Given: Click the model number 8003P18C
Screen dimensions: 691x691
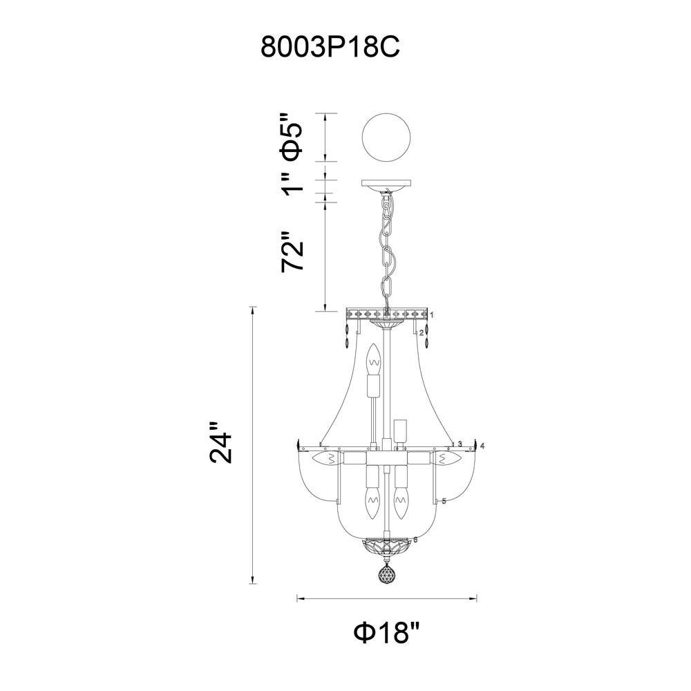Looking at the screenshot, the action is click(x=330, y=47).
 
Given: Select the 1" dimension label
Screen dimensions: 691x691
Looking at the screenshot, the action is click(x=292, y=182).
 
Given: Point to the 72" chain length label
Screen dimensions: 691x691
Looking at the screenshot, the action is click(x=292, y=251).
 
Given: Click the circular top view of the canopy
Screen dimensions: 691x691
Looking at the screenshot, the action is click(x=386, y=137).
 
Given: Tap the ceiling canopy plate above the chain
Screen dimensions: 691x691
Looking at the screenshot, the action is click(x=386, y=185).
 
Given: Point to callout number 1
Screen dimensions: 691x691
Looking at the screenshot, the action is click(x=433, y=314).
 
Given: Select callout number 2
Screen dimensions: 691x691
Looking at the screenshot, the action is click(x=422, y=333).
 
